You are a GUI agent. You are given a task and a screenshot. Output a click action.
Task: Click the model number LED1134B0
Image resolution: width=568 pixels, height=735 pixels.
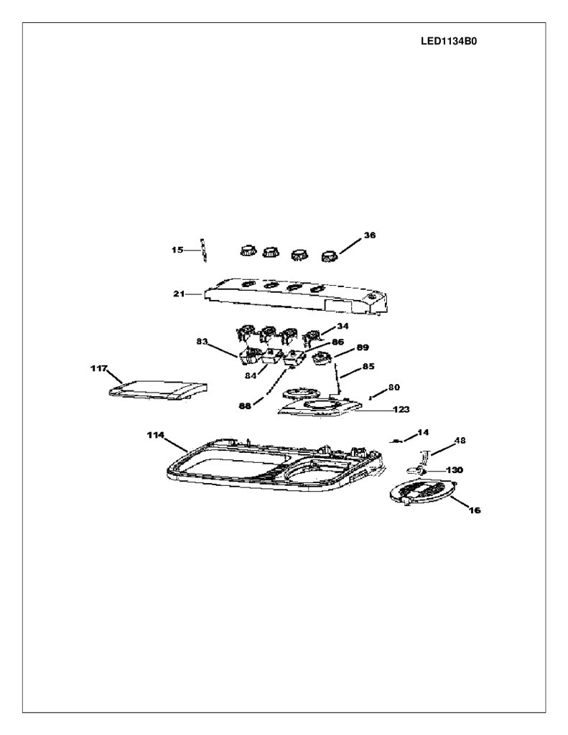tap(449, 41)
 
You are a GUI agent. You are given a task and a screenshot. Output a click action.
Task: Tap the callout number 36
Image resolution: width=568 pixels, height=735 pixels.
tap(370, 235)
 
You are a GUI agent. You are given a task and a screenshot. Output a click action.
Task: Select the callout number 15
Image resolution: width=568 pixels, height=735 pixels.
tap(177, 250)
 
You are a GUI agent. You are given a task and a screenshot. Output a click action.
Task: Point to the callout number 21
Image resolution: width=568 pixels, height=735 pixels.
tap(179, 294)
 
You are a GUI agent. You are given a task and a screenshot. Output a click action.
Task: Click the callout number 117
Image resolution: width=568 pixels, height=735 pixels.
tap(99, 368)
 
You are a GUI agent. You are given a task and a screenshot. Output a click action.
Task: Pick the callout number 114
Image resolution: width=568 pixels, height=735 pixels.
tap(155, 435)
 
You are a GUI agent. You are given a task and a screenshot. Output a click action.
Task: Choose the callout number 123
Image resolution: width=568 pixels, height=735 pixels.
tap(401, 409)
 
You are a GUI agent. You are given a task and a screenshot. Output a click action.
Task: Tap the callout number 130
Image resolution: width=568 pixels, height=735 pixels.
tap(454, 469)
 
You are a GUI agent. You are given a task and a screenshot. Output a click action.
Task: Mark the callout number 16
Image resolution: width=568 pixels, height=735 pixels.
tap(475, 510)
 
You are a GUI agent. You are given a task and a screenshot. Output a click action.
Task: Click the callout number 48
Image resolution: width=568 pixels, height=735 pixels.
tap(460, 441)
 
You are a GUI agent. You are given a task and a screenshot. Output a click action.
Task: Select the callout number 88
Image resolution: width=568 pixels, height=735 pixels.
tap(245, 406)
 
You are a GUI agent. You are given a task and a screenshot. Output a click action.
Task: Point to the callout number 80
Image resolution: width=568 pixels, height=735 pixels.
tap(394, 387)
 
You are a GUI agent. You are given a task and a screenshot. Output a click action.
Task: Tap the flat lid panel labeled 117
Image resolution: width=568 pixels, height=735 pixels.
tap(157, 389)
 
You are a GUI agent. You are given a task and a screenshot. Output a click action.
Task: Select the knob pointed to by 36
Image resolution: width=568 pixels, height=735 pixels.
tap(330, 256)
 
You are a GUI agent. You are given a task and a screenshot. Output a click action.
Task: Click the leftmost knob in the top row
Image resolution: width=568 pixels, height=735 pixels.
tap(248, 250)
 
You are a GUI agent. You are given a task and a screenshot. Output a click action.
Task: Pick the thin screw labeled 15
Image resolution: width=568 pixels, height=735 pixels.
tap(203, 251)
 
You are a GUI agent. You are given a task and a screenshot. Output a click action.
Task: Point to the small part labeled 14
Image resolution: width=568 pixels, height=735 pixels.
tap(397, 441)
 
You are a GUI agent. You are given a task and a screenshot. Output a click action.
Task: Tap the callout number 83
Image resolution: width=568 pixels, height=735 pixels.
tap(202, 342)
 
